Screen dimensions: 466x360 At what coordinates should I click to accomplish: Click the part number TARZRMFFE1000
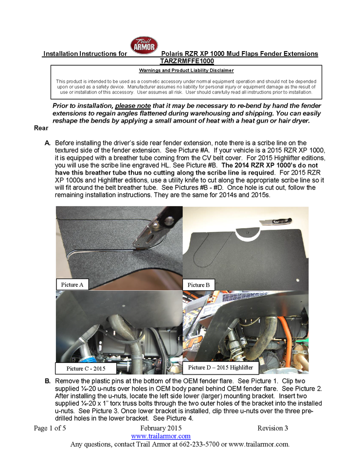point(187,61)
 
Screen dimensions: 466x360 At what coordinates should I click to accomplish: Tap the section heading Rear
point(41,128)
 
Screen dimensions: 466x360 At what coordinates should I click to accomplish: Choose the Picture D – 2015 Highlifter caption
point(220,367)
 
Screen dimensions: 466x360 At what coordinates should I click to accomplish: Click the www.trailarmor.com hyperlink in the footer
point(161,436)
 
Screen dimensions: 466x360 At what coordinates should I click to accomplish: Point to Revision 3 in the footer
point(273,428)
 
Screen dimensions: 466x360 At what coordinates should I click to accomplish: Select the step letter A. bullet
point(48,143)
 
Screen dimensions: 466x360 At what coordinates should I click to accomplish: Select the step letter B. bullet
point(48,380)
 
